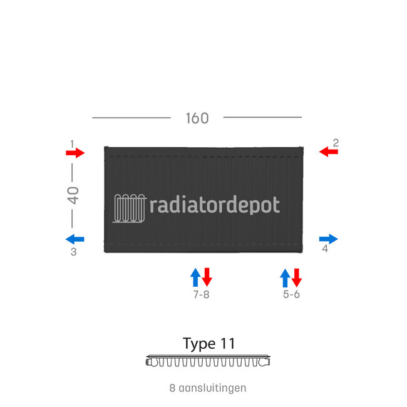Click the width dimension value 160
click(x=197, y=118)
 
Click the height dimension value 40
click(x=73, y=195)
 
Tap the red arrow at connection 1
click(x=75, y=153)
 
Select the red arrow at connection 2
click(x=328, y=152)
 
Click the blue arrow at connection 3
click(x=75, y=239)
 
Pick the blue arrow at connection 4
click(x=328, y=239)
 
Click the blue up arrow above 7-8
click(x=195, y=277)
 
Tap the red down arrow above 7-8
click(x=207, y=277)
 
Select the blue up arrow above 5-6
click(x=285, y=277)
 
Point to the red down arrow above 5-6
click(x=297, y=277)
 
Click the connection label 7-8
click(x=201, y=294)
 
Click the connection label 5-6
click(x=291, y=294)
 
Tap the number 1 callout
click(x=73, y=143)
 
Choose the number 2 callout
click(x=336, y=143)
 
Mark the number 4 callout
click(x=325, y=249)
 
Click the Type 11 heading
click(x=209, y=343)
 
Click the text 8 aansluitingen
click(x=207, y=388)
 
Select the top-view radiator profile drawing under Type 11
click(x=209, y=361)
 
